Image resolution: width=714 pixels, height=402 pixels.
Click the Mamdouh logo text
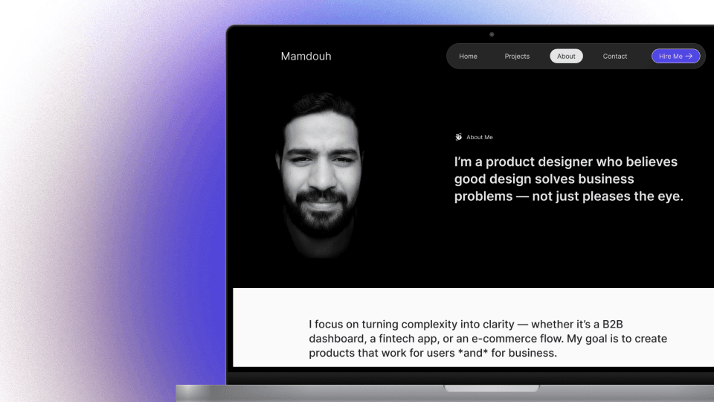[x=306, y=57]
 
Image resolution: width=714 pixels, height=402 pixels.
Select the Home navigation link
[x=468, y=57]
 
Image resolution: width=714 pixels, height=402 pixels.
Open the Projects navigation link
[x=517, y=57]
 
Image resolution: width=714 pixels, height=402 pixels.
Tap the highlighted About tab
[x=566, y=57]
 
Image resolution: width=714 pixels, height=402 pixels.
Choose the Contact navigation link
[x=615, y=57]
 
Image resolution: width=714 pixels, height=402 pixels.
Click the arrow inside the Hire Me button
[x=689, y=56]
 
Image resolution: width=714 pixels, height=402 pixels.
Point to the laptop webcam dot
[x=492, y=34]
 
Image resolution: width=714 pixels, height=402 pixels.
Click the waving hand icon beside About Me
[x=459, y=137]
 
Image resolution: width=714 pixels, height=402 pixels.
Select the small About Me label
[x=480, y=137]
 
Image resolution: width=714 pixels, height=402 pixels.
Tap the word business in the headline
[x=599, y=179]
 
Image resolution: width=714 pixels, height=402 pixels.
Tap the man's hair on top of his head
[x=322, y=105]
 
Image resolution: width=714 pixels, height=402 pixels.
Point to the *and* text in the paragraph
[x=472, y=353]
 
